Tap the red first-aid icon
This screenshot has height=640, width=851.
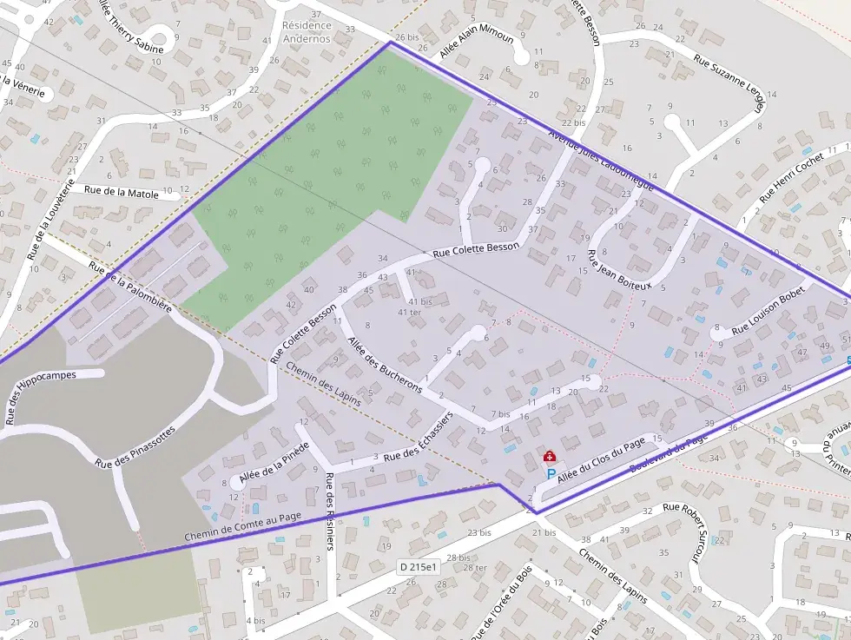(549, 456)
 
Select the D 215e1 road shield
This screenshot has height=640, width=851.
(419, 567)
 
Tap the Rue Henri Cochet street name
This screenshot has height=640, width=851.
(791, 178)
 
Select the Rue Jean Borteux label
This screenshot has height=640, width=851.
(618, 269)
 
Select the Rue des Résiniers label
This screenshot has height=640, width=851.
(329, 511)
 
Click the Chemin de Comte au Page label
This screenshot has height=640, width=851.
(242, 528)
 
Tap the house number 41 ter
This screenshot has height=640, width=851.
(409, 313)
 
